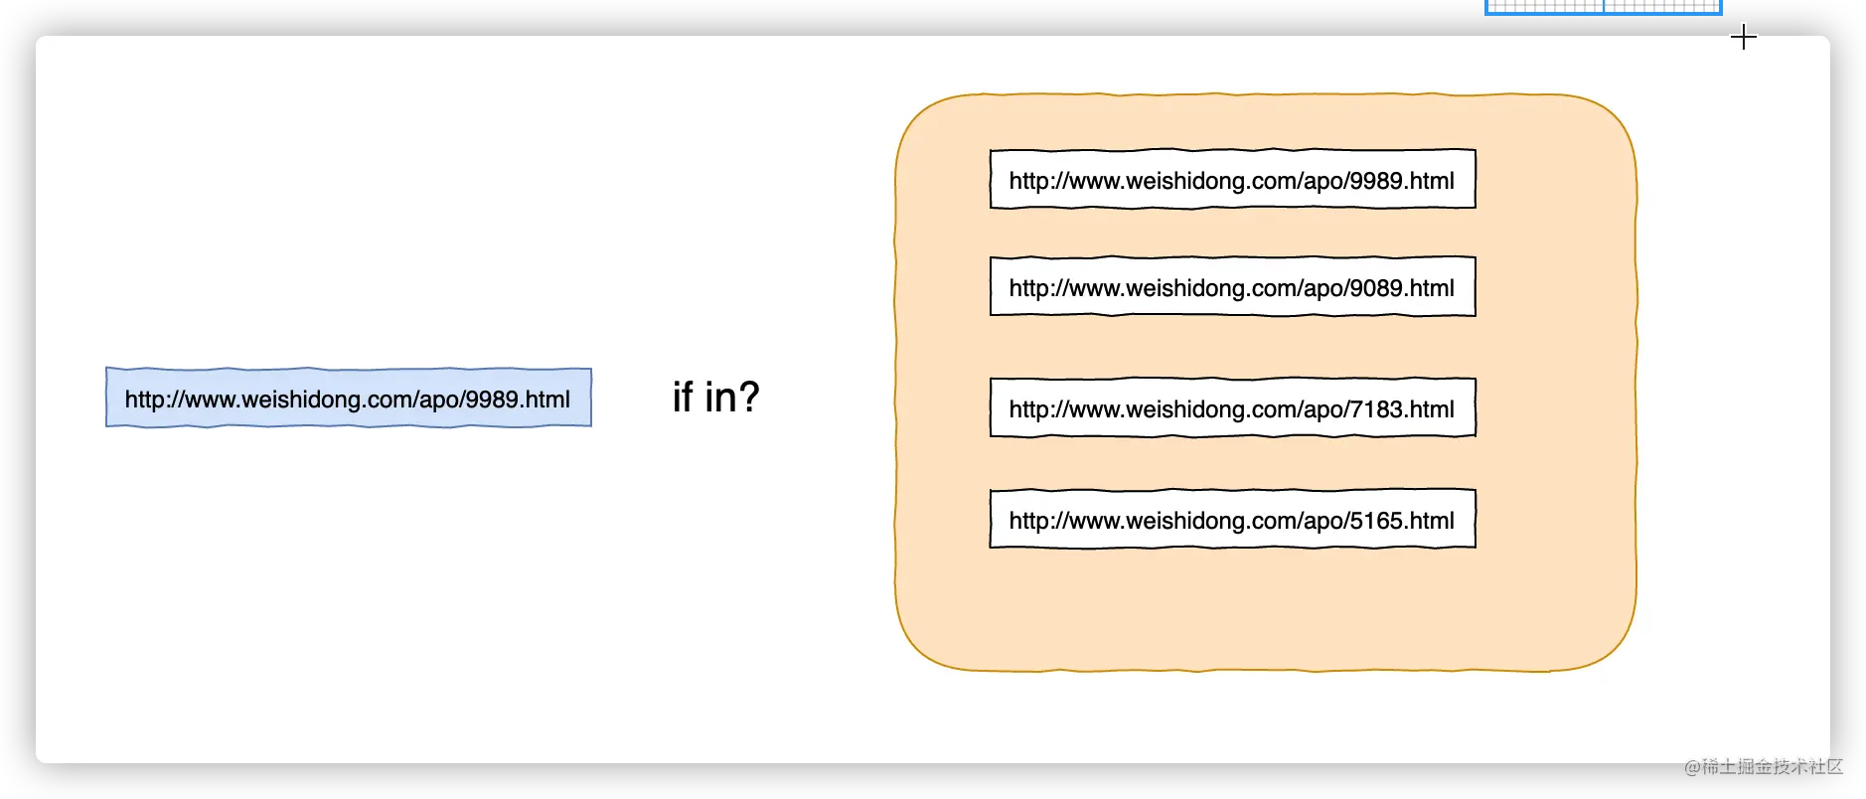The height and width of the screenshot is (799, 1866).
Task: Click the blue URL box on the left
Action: pyautogui.click(x=349, y=398)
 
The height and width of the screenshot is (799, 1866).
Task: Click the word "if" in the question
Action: pyautogui.click(x=683, y=398)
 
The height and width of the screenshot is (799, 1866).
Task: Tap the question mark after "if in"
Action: pyautogui.click(x=747, y=397)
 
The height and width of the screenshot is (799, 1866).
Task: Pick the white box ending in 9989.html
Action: pyautogui.click(x=1233, y=179)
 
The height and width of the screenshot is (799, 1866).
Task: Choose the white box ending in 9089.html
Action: pyautogui.click(x=1233, y=286)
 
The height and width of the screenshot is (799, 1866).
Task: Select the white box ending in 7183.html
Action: pyautogui.click(x=1233, y=407)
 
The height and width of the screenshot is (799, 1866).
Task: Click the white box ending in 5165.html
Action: pyautogui.click(x=1233, y=519)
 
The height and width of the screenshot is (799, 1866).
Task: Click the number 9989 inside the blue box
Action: pyautogui.click(x=492, y=399)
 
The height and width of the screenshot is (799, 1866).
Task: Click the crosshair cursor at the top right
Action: pyautogui.click(x=1744, y=38)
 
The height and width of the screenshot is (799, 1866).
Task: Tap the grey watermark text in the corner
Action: pyautogui.click(x=1764, y=766)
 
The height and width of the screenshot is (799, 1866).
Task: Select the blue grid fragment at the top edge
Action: pyautogui.click(x=1604, y=7)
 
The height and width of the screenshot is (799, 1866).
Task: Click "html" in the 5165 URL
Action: pyautogui.click(x=1432, y=521)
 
